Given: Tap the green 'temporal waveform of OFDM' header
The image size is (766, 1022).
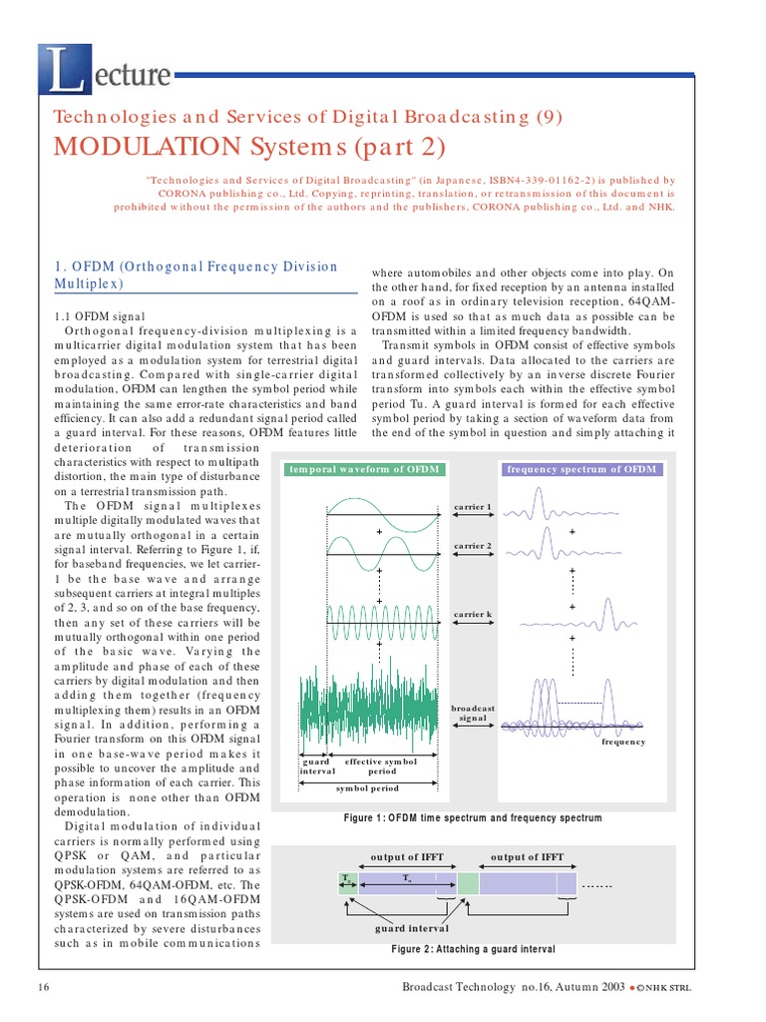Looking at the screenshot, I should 363,469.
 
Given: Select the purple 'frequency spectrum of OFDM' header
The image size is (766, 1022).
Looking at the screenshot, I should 581,469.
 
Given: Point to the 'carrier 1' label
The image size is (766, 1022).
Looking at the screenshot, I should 473,507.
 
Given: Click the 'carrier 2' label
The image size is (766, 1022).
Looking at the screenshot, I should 473,546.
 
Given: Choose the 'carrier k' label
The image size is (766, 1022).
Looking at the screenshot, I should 473,614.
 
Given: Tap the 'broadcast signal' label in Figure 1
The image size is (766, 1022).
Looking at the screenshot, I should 473,713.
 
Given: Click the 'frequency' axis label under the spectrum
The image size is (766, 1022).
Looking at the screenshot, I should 623,742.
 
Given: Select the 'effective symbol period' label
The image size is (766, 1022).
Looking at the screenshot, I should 381,766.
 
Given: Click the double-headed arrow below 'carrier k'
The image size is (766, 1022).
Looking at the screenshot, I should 473,630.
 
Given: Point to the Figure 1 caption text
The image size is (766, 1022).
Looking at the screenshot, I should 473,818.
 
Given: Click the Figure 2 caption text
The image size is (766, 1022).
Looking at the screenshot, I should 473,949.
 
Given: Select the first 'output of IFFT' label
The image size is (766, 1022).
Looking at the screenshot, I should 407,856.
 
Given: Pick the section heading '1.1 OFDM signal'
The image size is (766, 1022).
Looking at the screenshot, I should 96,315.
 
